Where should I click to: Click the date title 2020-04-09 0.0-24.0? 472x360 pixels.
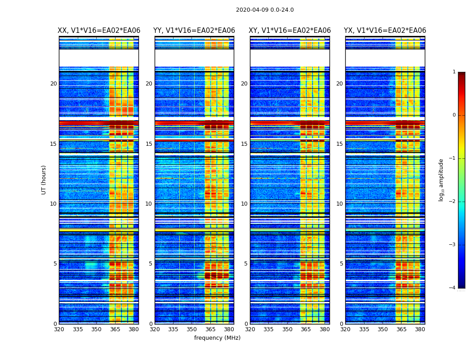pos(265,10)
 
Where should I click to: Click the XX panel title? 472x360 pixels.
pos(99,31)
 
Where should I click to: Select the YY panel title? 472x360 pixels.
pos(194,31)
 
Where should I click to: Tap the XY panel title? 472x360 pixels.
pos(290,31)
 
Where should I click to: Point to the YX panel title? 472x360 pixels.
pos(385,31)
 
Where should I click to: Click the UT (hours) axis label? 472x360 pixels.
pos(44,180)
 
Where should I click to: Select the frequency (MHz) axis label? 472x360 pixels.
pos(217,338)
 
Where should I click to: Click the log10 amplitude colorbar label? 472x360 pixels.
pos(441,180)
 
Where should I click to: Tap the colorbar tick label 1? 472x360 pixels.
pos(454,72)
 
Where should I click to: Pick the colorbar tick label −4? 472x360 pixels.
pos(453,288)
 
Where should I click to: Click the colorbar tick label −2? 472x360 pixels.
pos(453,202)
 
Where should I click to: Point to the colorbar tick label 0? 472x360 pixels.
pos(454,115)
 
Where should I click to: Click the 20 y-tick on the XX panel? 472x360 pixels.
pos(53,84)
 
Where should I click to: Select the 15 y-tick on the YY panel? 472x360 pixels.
pos(149,144)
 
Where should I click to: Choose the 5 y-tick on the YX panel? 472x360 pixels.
pos(341,264)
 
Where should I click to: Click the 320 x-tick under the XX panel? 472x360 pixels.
pos(59,329)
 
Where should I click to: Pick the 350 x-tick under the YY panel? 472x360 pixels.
pos(192,329)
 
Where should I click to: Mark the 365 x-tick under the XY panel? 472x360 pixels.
pos(306,329)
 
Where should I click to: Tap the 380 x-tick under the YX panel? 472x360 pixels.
pos(420,329)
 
